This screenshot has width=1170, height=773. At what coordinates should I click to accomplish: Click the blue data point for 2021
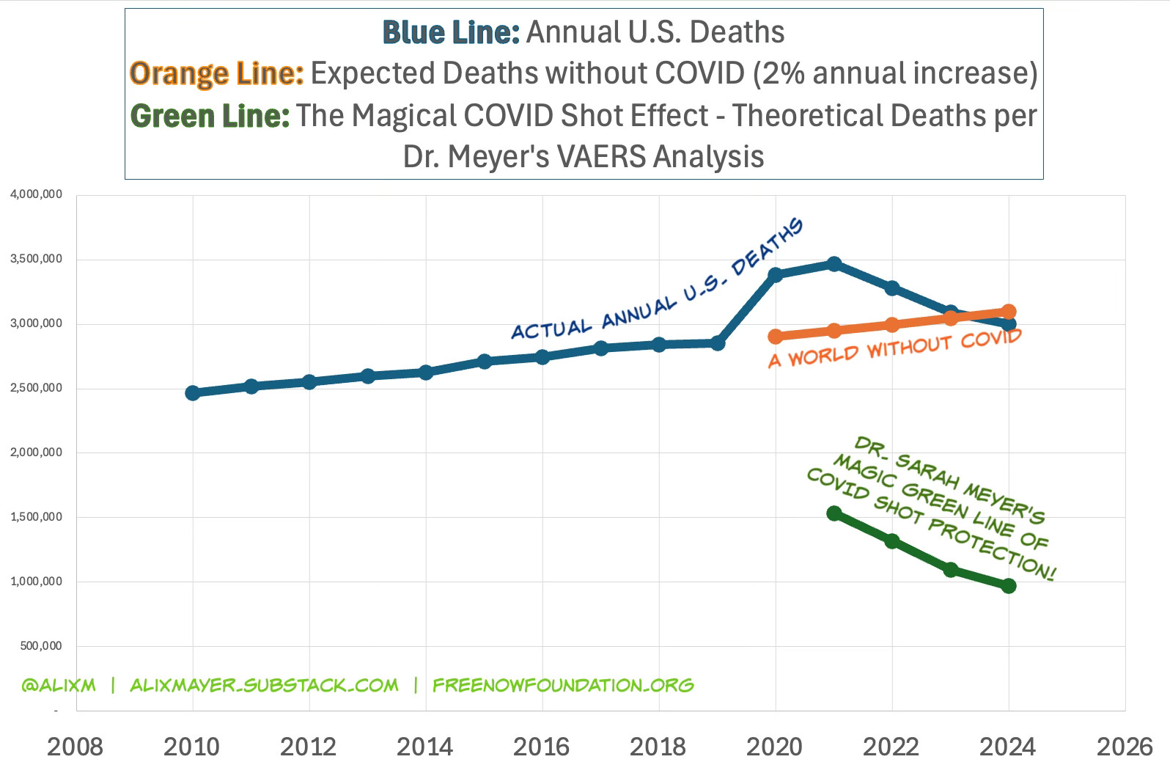[x=834, y=264]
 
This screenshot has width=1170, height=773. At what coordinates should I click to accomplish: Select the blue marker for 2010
[x=193, y=393]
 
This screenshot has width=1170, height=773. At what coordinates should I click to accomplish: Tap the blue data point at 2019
[x=717, y=342]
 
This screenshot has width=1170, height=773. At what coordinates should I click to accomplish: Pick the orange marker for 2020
[x=776, y=336]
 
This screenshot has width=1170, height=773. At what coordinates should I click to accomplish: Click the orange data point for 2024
[x=1009, y=311]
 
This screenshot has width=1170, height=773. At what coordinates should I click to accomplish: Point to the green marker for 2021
[x=834, y=513]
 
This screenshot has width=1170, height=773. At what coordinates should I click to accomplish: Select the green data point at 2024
[x=1009, y=585]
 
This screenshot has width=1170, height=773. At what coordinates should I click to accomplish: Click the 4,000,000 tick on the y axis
[x=36, y=195]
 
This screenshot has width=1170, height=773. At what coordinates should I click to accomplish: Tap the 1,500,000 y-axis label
[x=36, y=517]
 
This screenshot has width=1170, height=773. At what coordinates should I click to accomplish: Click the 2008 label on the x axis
[x=75, y=747]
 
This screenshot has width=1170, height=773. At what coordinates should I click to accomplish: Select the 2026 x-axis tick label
[x=1125, y=747]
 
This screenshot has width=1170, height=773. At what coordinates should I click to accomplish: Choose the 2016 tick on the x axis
[x=541, y=747]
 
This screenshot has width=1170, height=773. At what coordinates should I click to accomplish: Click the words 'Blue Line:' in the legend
[x=451, y=32]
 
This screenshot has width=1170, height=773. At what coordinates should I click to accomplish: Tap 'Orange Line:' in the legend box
[x=216, y=73]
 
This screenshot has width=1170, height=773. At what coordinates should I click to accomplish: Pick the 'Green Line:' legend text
[x=210, y=116]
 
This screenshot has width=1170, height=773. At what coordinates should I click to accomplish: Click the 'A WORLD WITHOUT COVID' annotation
[x=894, y=348]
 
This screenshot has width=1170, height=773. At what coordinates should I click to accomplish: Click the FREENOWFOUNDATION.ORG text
[x=563, y=686]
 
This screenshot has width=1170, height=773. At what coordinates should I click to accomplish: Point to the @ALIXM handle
[x=59, y=686]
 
